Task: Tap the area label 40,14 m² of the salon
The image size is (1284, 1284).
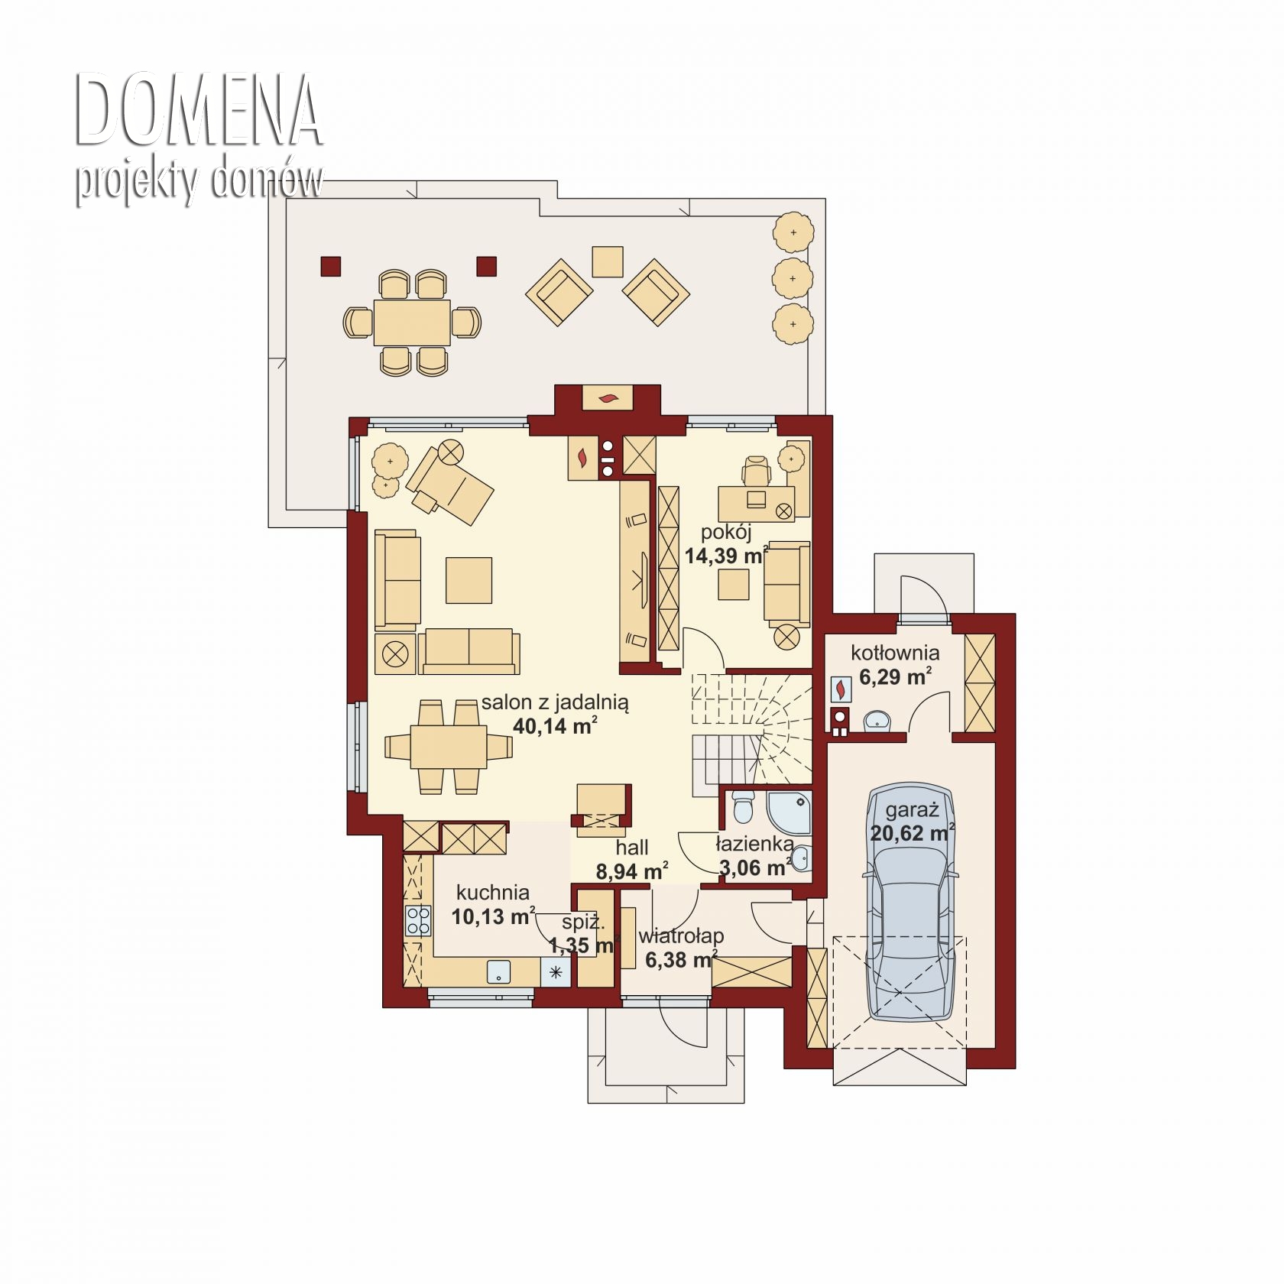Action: [x=555, y=726]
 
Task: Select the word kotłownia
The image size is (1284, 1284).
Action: [x=895, y=653]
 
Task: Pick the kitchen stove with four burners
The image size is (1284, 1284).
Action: [x=417, y=920]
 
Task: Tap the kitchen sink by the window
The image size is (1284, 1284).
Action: [x=499, y=971]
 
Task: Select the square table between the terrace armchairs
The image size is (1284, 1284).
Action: [x=608, y=261]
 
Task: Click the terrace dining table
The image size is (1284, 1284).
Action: [x=412, y=323]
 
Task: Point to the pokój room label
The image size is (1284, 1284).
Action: [x=727, y=532]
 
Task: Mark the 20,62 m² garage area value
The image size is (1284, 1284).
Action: [x=912, y=833]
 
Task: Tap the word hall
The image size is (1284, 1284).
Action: [x=632, y=847]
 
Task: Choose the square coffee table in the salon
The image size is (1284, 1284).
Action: [x=469, y=580]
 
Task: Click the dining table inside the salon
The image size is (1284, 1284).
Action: [x=449, y=747]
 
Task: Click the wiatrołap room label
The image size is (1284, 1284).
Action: [x=681, y=936]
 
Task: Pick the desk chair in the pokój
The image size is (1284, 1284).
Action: [x=757, y=469]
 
